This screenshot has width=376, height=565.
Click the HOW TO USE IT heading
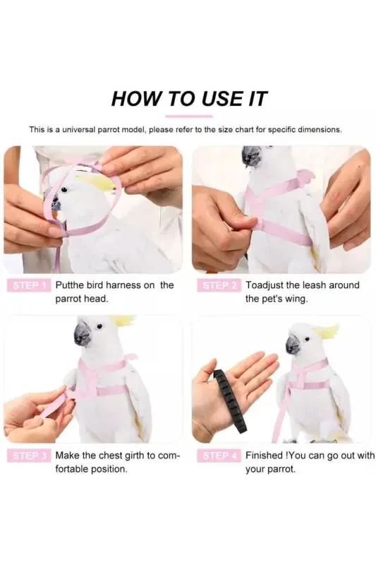coord(189,98)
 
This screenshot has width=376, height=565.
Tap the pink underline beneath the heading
coord(189,116)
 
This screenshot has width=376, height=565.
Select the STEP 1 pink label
coord(28,285)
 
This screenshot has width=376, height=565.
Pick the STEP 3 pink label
coord(28,456)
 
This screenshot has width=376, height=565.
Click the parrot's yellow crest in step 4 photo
coord(327,331)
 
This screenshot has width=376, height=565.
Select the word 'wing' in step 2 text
coord(294,299)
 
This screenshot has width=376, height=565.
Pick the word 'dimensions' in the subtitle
coord(320,130)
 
